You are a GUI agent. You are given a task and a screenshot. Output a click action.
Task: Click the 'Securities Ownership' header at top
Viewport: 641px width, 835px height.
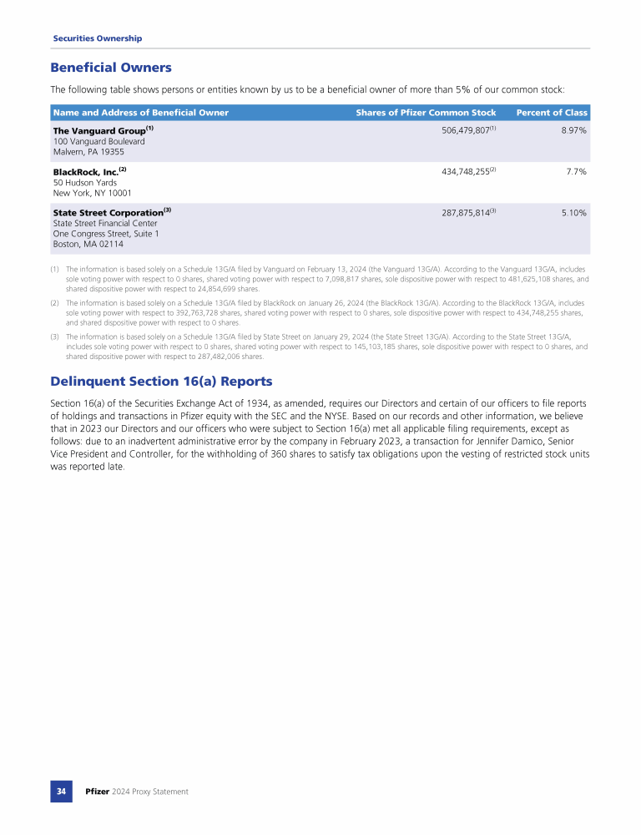tap(97, 38)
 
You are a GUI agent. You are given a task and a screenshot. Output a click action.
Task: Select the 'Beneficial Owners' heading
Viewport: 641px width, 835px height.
tap(111, 68)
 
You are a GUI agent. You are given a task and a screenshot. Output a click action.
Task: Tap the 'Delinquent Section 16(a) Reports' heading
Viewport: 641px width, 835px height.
tap(161, 382)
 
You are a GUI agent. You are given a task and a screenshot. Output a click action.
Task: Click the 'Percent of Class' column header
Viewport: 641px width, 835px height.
tap(552, 113)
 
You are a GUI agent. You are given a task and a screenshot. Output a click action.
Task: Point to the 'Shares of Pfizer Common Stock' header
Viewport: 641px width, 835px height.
tap(426, 113)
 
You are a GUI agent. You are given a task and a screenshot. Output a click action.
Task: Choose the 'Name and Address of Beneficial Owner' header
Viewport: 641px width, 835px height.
tap(140, 113)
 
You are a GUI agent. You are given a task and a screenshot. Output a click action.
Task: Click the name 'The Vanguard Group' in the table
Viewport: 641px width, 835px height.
tap(98, 131)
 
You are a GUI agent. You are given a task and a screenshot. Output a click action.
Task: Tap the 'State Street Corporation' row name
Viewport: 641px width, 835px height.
tap(108, 212)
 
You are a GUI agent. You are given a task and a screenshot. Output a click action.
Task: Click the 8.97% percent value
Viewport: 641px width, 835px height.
tap(573, 131)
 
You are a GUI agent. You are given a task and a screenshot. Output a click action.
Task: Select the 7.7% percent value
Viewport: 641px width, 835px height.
tap(574, 171)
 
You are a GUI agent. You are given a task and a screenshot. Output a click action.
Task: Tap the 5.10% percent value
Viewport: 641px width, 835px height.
tap(573, 213)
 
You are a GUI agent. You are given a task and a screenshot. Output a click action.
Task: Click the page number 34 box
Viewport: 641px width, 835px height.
tap(62, 791)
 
